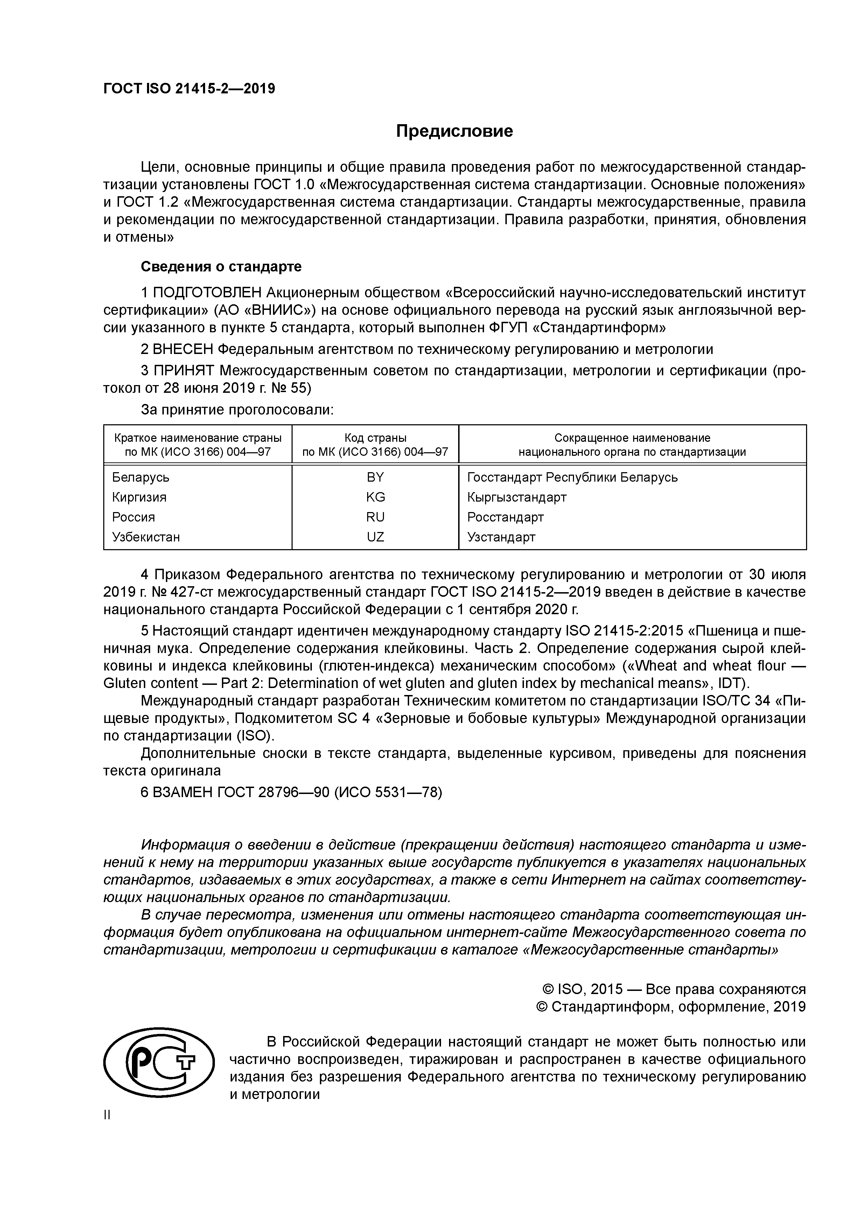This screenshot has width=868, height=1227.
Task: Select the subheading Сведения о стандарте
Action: click(221, 266)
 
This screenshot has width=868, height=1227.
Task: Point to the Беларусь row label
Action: click(141, 477)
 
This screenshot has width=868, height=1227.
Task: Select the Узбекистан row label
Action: click(146, 537)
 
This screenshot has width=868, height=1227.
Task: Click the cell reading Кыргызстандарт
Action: click(516, 497)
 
